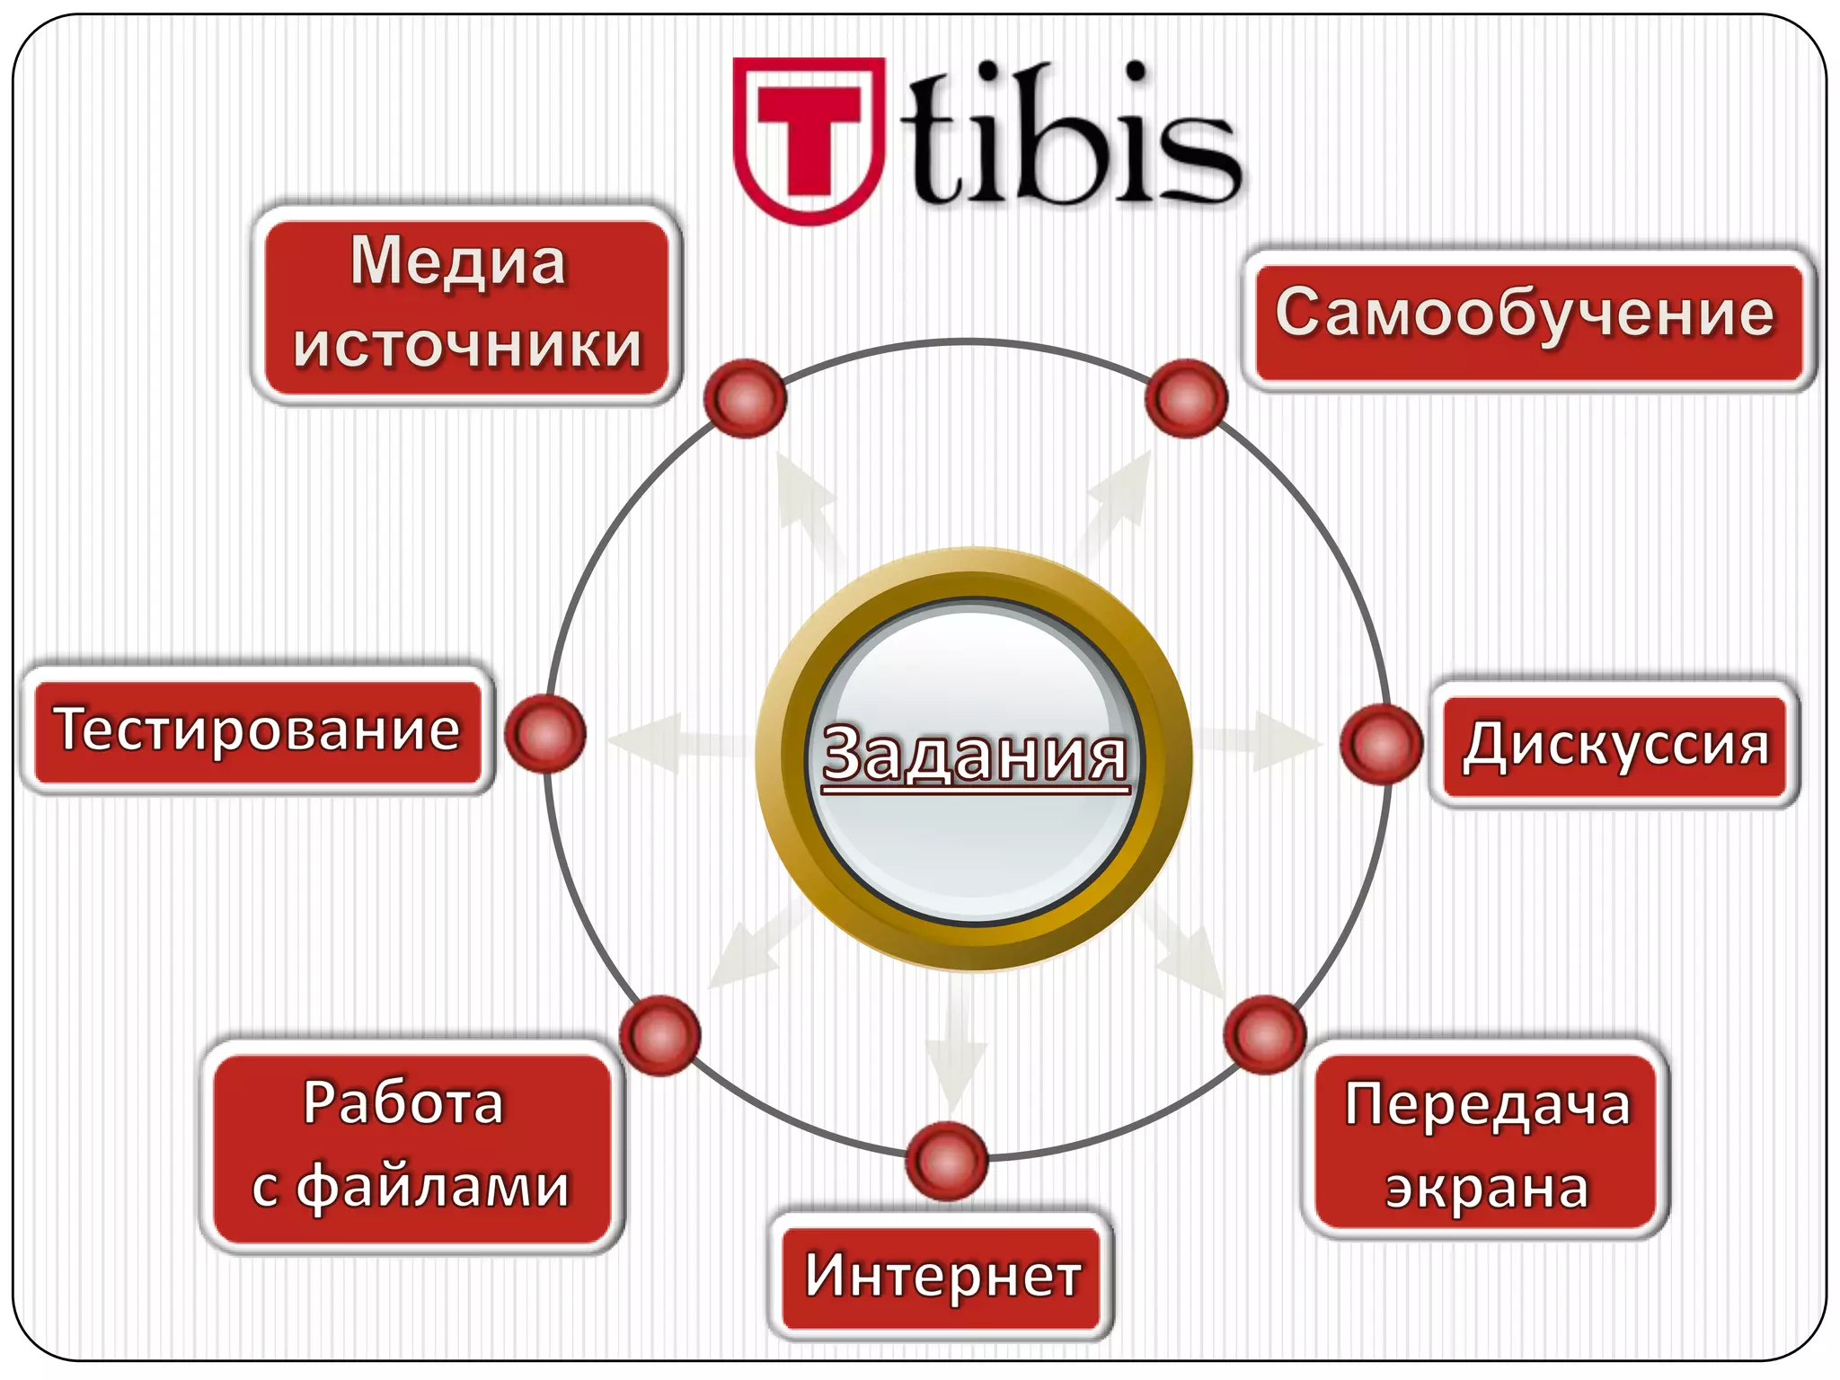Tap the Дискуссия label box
pos(1614,746)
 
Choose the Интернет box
pos(942,1277)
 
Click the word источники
pos(467,346)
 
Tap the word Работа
pos(403,1103)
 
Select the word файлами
pos(433,1188)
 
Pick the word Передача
pos(1487,1104)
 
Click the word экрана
pos(1487,1189)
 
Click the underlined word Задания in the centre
pos(975,756)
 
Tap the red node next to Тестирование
pos(545,734)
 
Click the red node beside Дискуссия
pos(1381,744)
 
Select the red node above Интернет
pos(947,1161)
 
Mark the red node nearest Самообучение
pos(1187,398)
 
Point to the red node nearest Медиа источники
pos(746,398)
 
